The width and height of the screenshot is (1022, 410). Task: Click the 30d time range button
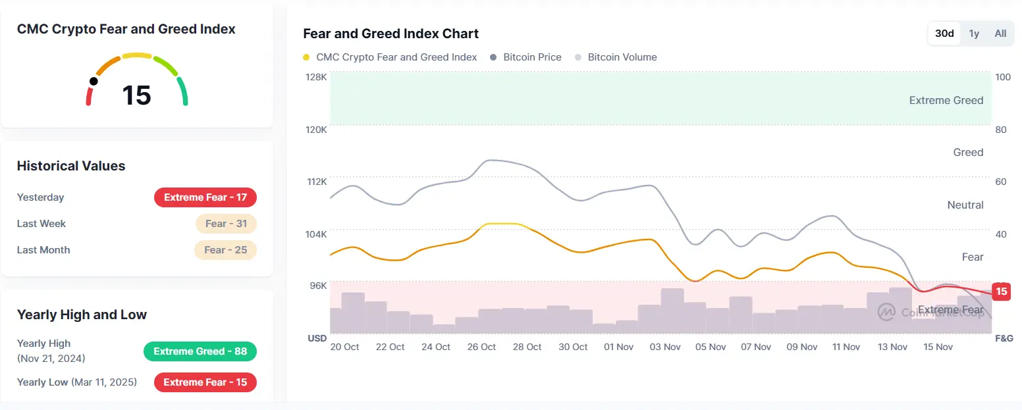click(944, 34)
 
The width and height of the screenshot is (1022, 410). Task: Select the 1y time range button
click(974, 34)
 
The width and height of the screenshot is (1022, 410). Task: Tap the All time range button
click(1000, 34)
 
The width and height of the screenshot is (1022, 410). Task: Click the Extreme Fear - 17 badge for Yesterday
click(205, 197)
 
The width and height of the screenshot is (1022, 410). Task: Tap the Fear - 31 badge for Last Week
click(226, 224)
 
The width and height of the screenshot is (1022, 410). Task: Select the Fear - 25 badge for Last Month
click(225, 250)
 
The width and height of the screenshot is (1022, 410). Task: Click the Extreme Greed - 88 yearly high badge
click(200, 351)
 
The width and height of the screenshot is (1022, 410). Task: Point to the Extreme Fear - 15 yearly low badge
click(205, 382)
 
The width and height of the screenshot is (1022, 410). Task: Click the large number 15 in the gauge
click(136, 95)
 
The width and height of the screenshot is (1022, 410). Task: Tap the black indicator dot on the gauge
click(94, 82)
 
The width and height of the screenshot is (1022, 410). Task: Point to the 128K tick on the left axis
click(316, 77)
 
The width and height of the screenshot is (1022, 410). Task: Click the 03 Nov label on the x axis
click(665, 347)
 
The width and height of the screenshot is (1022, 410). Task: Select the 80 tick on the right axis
click(1001, 130)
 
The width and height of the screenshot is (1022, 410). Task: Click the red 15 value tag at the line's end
click(1001, 292)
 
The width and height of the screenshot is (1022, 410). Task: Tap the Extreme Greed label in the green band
click(946, 101)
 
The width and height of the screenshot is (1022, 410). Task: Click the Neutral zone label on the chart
click(965, 205)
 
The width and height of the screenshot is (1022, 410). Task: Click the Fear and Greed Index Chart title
click(390, 34)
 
